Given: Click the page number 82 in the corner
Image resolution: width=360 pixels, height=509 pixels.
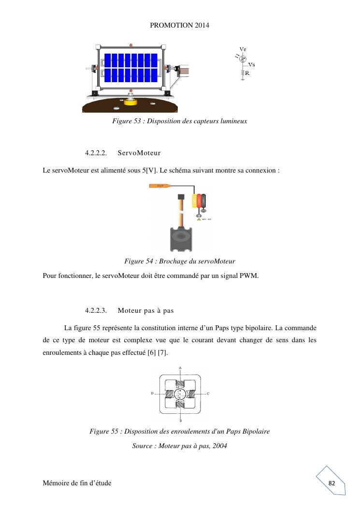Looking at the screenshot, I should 331,483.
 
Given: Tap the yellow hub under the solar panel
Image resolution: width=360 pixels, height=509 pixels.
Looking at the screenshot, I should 130,102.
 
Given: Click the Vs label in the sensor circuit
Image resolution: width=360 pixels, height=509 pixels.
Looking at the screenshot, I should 252,64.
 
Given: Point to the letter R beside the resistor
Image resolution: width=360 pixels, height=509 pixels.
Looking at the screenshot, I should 247,73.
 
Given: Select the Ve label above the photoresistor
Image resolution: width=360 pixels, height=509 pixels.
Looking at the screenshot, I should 243,49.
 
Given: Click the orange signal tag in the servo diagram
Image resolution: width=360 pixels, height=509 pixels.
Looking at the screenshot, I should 158,186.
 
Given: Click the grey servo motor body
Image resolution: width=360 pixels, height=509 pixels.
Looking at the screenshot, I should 181,239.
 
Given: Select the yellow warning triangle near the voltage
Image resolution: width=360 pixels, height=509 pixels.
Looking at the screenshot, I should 199,219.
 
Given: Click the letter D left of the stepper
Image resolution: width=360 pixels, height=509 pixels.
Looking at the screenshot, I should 152,394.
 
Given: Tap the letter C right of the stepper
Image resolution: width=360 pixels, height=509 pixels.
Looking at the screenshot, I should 208,394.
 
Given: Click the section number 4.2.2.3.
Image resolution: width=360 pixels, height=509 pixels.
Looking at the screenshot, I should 96,310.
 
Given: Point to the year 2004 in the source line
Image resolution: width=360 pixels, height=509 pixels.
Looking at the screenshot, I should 219,446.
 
